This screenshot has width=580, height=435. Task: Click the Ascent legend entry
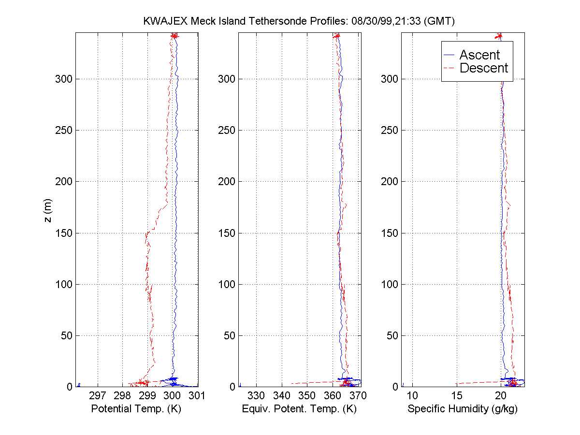479,55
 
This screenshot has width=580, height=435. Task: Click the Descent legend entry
483,68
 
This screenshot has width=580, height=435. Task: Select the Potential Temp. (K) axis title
136,409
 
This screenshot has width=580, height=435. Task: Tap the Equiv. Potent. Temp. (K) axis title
299,409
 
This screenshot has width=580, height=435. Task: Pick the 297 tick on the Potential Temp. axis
98,396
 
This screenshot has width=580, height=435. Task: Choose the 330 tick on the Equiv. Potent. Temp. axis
256,396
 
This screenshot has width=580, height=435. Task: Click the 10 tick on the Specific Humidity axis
412,396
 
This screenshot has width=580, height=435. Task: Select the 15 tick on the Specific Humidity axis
457,396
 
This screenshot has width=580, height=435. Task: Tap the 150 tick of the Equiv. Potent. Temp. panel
224,233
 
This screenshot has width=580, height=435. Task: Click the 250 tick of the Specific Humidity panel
388,130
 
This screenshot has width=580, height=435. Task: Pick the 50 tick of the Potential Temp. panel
63,335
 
